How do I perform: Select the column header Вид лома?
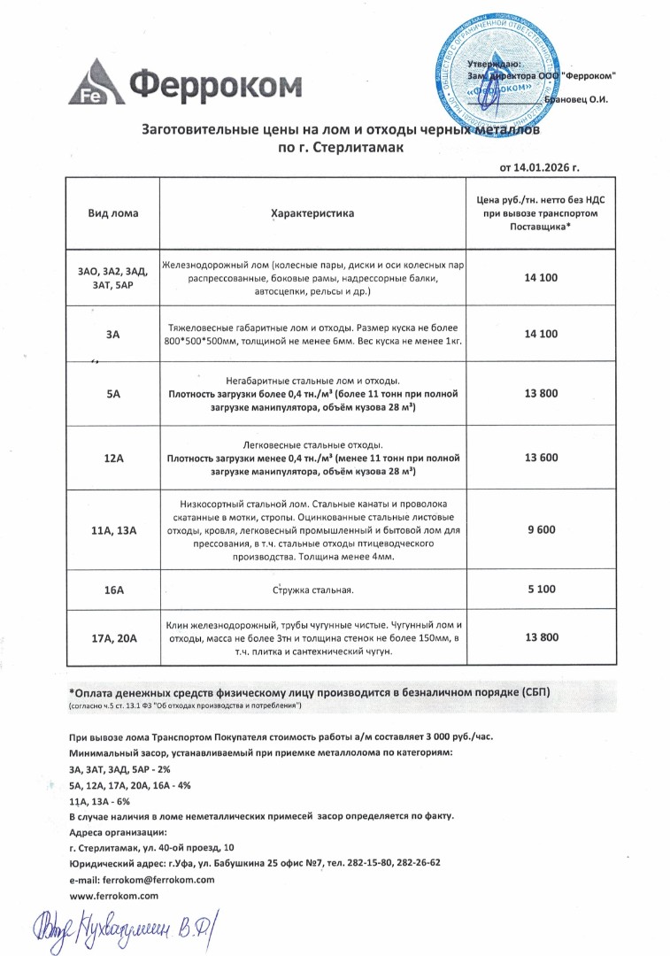click(x=112, y=213)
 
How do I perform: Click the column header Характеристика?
click(x=312, y=213)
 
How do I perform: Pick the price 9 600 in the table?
click(x=541, y=528)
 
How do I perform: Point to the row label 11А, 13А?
click(x=112, y=529)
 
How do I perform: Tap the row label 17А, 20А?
click(x=112, y=637)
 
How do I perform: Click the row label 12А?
click(x=112, y=458)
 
